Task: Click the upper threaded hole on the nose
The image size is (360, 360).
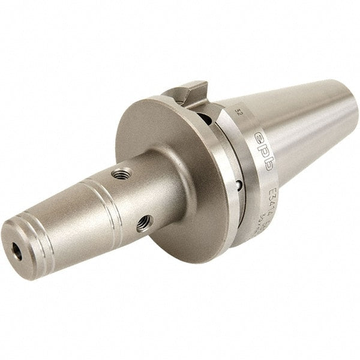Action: click(x=124, y=175)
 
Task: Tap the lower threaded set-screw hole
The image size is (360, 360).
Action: click(x=143, y=224)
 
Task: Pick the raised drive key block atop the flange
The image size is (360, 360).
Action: click(x=185, y=93)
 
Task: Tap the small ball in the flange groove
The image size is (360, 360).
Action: click(x=238, y=185)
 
